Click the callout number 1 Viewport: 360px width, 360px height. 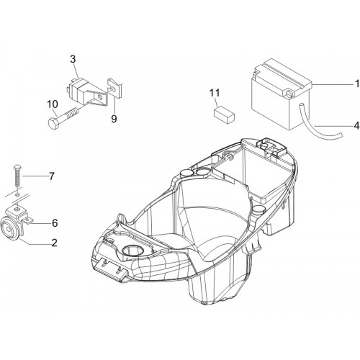[x=357, y=84]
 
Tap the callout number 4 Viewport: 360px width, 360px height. [x=356, y=125]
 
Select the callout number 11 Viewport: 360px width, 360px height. [x=215, y=93]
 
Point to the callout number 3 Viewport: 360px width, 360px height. [x=73, y=59]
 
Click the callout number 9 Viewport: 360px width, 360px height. [x=114, y=118]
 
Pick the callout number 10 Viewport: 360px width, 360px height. [x=53, y=104]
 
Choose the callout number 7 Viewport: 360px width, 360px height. [x=52, y=176]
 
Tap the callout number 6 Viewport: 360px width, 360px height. [x=55, y=223]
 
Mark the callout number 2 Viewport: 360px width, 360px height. [x=55, y=243]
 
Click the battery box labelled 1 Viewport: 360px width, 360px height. [x=282, y=94]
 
